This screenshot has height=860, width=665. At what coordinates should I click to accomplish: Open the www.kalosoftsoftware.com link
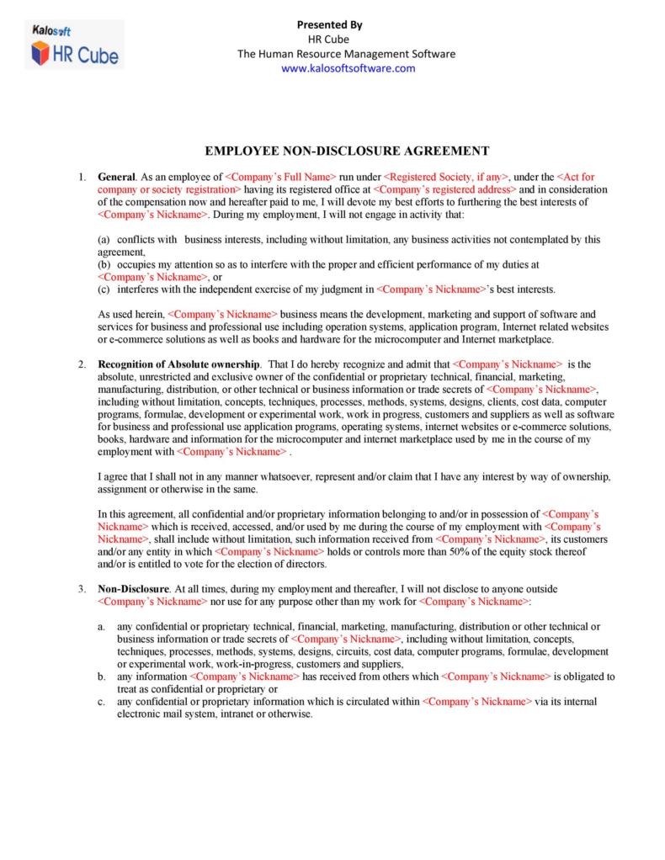click(348, 69)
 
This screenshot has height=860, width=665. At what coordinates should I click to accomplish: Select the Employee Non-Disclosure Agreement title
click(348, 151)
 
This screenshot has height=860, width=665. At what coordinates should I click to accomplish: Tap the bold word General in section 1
click(116, 178)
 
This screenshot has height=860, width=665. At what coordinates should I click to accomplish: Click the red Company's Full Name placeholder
click(280, 178)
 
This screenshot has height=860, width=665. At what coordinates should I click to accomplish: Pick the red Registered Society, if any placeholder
click(446, 178)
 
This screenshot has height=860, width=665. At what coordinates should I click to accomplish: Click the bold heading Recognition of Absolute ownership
click(179, 364)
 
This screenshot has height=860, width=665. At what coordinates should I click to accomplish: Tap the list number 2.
click(82, 364)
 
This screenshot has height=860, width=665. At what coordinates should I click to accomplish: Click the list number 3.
click(82, 589)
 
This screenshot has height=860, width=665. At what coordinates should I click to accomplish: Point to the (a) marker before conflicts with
click(104, 240)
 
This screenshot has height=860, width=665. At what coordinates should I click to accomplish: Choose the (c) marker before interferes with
click(104, 289)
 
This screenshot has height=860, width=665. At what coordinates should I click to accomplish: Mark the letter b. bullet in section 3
click(101, 676)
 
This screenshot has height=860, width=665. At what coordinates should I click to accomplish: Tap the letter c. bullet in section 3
click(101, 701)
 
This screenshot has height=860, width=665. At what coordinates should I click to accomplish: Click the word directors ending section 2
click(306, 564)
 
